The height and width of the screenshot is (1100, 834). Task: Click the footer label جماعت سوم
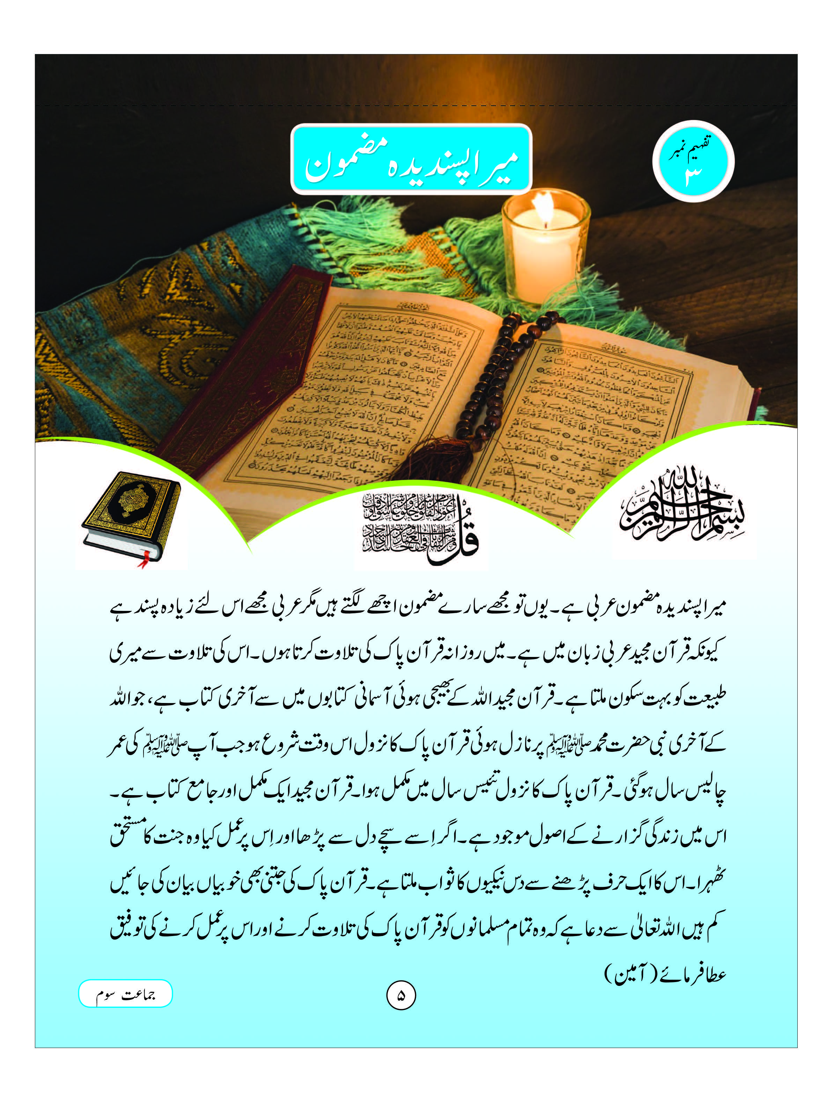(x=125, y=994)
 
